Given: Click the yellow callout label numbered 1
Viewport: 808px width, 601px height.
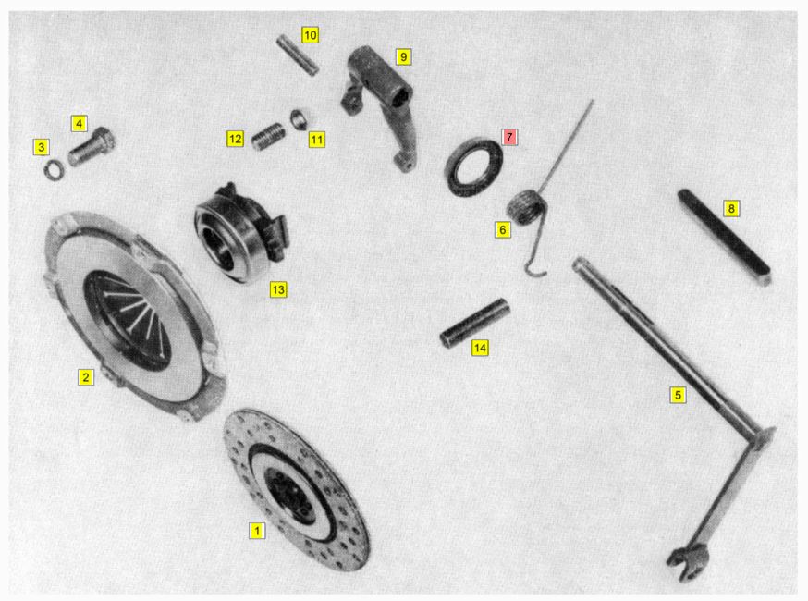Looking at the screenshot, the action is click(x=257, y=531).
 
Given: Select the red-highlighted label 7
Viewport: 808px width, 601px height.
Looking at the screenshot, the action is click(x=509, y=137).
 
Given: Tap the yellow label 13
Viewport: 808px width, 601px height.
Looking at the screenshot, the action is click(x=278, y=289).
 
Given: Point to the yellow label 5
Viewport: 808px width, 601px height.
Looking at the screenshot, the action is click(x=679, y=395).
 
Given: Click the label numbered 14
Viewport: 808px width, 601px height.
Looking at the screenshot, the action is click(x=480, y=348).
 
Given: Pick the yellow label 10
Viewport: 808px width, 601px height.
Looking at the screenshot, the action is click(x=311, y=35).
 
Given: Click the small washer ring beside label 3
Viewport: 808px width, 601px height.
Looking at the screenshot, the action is click(x=53, y=169).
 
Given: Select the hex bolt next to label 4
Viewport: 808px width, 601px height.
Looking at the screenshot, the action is click(x=92, y=146).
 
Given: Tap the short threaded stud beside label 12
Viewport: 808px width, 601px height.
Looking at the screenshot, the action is click(x=267, y=137).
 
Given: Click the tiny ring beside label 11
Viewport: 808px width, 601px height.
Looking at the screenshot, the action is click(x=300, y=120).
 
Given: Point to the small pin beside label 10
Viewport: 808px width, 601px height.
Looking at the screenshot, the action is click(x=298, y=55).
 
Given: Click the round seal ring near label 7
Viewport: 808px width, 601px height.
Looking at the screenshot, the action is click(x=473, y=167).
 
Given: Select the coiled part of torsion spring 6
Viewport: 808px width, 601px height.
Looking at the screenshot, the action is click(x=525, y=206).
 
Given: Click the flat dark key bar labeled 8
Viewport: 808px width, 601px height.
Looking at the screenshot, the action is click(x=725, y=237).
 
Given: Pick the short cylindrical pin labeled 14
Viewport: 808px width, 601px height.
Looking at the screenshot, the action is click(x=475, y=323).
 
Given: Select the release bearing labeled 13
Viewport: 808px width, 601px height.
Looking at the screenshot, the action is click(x=241, y=232).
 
